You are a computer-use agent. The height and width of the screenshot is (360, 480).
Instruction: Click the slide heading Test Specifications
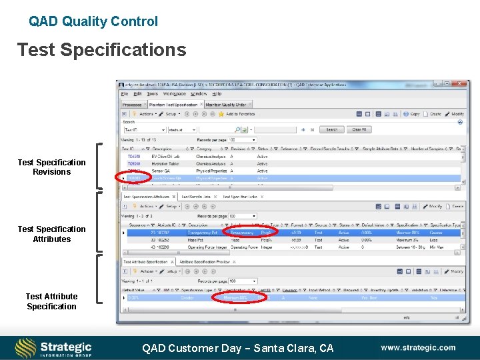pos(101,50)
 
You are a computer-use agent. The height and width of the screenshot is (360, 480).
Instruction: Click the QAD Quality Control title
pos(93,21)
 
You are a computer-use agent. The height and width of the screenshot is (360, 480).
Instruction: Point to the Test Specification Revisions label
pos(51,167)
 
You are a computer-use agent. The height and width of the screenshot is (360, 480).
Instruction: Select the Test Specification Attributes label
pos(51,234)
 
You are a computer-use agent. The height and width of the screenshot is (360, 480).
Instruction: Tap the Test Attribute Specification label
pos(51,301)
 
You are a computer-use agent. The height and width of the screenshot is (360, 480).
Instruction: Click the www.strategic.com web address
pos(418,347)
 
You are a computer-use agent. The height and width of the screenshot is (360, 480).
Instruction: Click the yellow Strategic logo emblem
pos(26,348)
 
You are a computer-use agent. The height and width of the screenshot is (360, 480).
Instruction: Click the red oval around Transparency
pos(245,233)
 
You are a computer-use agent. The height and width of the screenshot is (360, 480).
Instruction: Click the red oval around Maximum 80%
pos(239,298)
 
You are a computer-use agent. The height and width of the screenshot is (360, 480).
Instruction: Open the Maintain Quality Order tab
pos(225,105)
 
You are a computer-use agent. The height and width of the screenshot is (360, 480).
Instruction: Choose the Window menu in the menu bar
pos(199,95)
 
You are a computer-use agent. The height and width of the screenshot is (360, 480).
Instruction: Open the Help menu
pos(217,95)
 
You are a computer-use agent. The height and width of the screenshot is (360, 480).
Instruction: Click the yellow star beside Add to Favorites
pos(221,114)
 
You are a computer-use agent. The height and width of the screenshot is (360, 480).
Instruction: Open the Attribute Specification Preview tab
pos(205,262)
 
